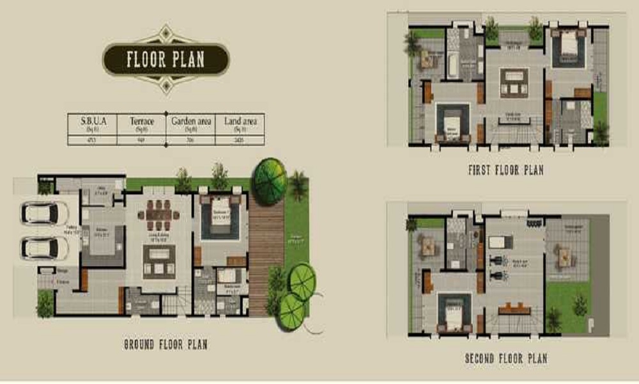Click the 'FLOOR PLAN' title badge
[166, 60]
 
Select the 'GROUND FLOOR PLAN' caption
[166, 345]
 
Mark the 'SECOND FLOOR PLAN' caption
[506, 358]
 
